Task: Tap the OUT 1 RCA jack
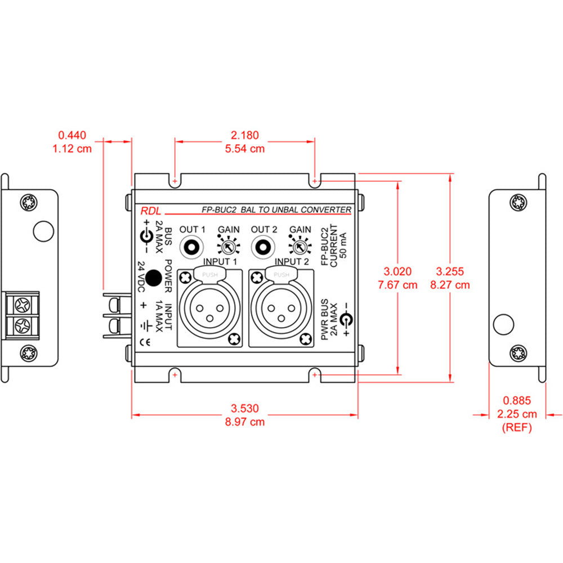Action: (x=192, y=247)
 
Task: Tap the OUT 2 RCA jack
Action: (x=264, y=247)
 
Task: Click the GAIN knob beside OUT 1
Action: (x=229, y=247)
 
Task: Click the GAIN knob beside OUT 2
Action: (x=300, y=247)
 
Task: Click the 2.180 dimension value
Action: (x=245, y=135)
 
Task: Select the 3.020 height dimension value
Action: (x=398, y=270)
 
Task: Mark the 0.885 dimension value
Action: (x=517, y=401)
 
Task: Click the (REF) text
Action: (x=517, y=428)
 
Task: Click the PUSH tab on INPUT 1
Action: (x=210, y=275)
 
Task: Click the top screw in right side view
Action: (x=518, y=203)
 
